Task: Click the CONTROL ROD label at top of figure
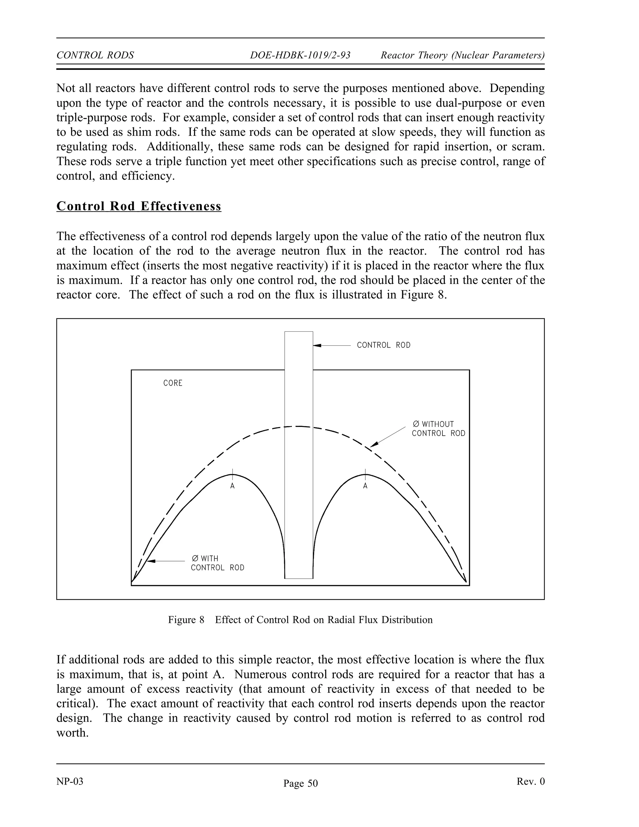tap(383, 345)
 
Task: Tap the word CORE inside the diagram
tap(173, 383)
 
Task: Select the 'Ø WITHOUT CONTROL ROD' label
tap(438, 429)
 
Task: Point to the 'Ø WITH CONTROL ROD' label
tap(217, 563)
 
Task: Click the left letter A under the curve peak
tap(232, 486)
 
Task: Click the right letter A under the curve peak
tap(365, 486)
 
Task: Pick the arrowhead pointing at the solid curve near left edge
tap(151, 561)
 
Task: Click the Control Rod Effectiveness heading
tap(139, 206)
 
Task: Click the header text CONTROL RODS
tap(95, 55)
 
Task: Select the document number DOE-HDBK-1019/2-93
tap(300, 55)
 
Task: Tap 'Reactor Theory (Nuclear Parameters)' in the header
tap(462, 55)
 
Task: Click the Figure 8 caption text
tap(300, 620)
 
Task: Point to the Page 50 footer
tap(300, 783)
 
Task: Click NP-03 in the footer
tap(70, 781)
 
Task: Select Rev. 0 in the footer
tap(530, 781)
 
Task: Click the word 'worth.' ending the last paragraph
tap(72, 733)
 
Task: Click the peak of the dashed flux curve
tap(299, 426)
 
